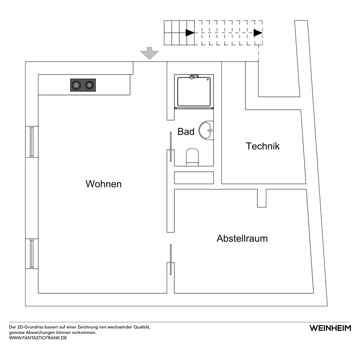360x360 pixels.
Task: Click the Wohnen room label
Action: click(x=104, y=184)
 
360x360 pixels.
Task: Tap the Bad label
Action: click(x=186, y=131)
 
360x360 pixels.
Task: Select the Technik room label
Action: click(x=263, y=146)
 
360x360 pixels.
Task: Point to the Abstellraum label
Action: click(x=242, y=239)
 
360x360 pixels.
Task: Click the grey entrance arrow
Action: click(x=149, y=53)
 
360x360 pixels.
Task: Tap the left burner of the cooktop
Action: click(x=76, y=85)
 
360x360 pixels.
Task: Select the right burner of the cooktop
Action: click(x=89, y=85)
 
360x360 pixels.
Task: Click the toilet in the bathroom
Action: click(x=192, y=157)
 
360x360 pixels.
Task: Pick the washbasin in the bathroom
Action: click(x=206, y=130)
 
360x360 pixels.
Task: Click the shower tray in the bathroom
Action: click(x=194, y=91)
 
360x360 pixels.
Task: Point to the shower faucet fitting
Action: click(x=194, y=76)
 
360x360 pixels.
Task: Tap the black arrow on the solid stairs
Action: click(x=190, y=33)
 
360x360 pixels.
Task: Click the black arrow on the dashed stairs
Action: click(x=258, y=33)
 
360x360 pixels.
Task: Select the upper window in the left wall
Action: click(x=32, y=142)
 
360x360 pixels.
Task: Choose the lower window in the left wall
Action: click(x=32, y=254)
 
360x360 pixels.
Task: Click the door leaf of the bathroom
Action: click(x=171, y=147)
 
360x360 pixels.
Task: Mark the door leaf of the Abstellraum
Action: click(x=171, y=260)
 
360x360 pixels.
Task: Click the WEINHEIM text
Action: click(x=330, y=328)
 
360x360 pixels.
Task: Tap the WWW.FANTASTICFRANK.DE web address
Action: click(x=38, y=338)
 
